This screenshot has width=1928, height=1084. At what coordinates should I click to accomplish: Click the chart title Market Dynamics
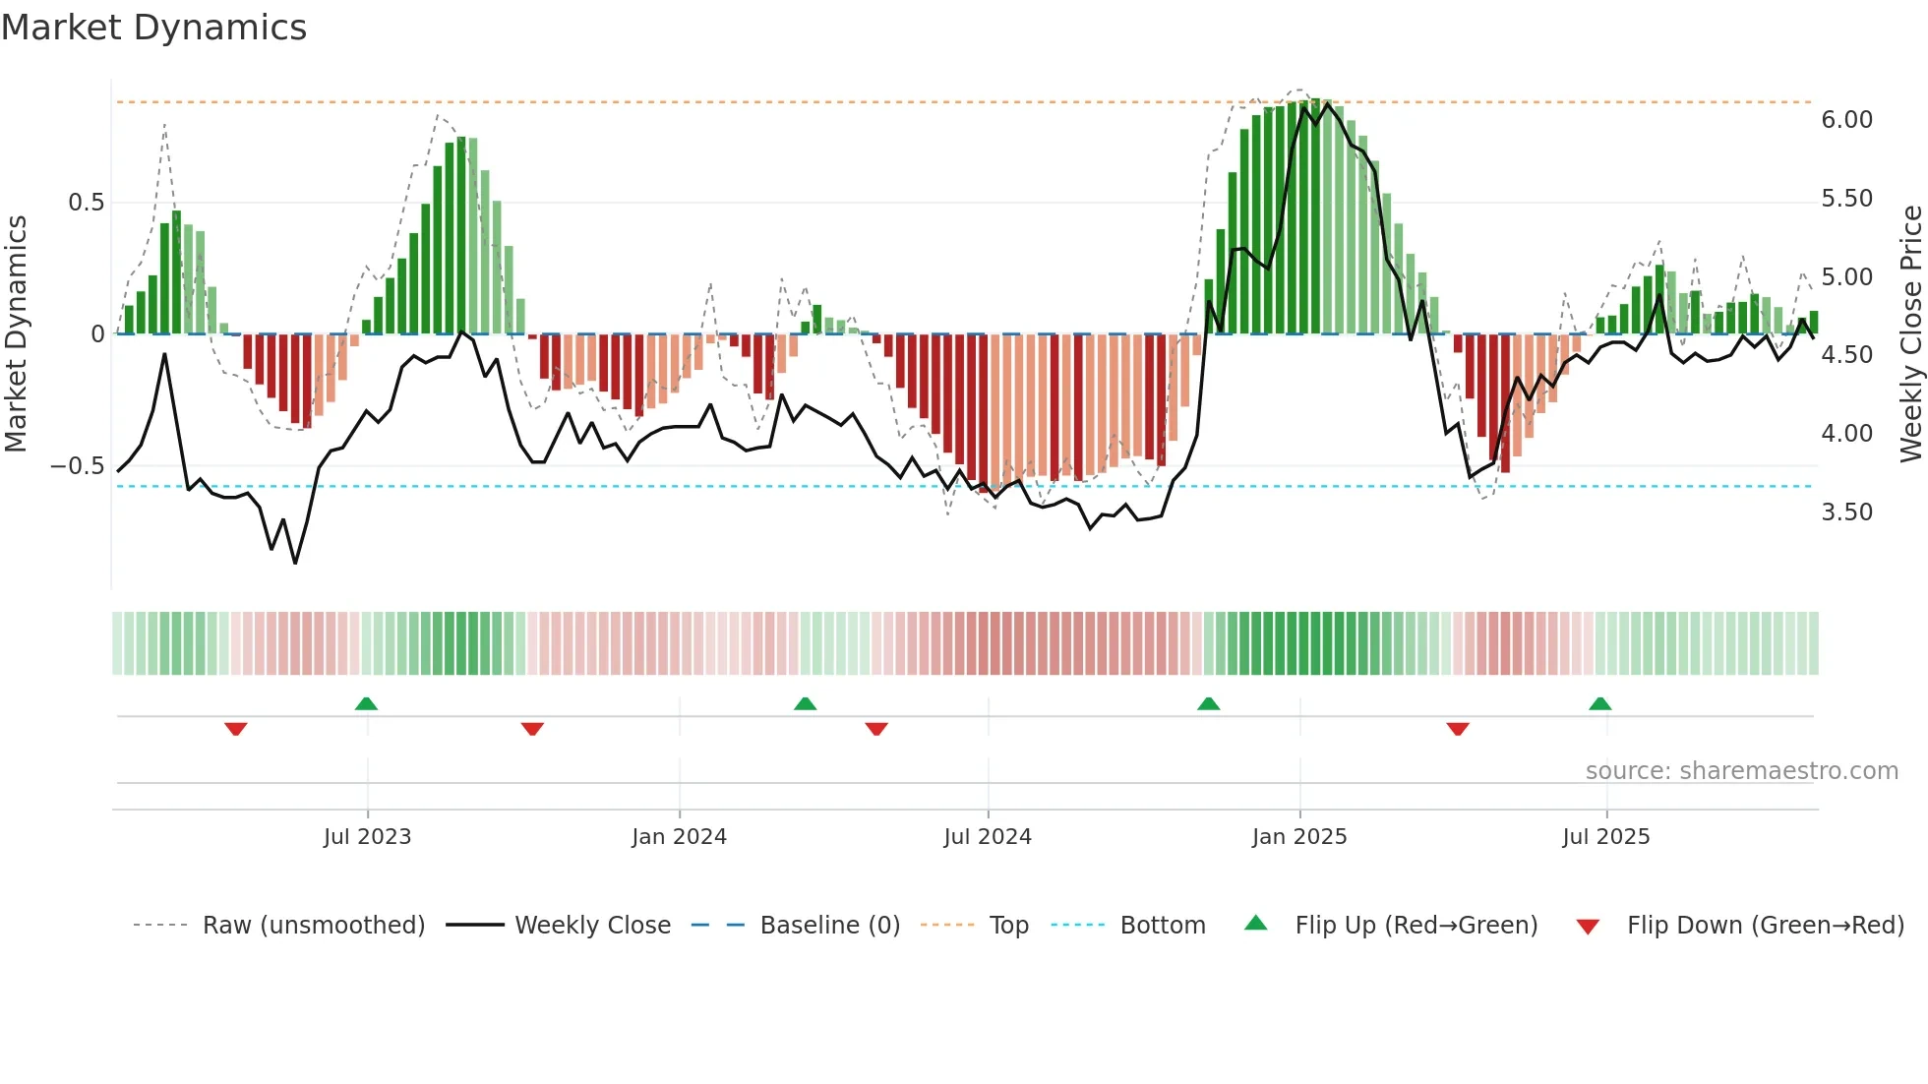[154, 28]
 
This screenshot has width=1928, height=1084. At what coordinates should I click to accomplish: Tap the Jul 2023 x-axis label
[367, 837]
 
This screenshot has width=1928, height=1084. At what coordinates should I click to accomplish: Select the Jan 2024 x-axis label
[679, 837]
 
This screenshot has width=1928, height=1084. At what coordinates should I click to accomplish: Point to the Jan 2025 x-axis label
[1299, 837]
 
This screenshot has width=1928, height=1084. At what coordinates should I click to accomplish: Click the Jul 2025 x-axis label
[1605, 837]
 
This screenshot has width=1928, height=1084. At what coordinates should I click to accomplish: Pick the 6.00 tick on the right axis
[1846, 120]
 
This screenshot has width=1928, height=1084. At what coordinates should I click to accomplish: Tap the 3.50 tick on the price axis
[1846, 512]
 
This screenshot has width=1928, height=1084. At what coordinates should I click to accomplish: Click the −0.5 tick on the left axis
[78, 466]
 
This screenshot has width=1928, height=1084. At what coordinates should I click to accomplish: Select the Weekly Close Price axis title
[1910, 333]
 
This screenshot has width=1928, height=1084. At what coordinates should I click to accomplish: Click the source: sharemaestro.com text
[1741, 771]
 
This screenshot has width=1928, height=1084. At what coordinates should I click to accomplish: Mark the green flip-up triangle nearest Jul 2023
[366, 703]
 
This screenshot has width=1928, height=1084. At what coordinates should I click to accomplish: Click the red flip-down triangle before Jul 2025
[1458, 729]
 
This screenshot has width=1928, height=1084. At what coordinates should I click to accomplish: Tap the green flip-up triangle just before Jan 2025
[1208, 703]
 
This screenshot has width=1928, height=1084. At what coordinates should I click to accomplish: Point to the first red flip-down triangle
[235, 729]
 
